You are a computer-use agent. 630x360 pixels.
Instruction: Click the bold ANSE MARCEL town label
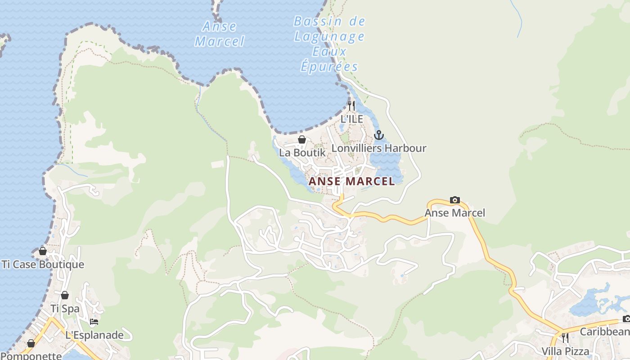pos(351,181)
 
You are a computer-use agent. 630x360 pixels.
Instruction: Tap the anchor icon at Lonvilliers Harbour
pos(379,135)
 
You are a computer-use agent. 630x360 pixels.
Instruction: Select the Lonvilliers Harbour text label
pos(379,148)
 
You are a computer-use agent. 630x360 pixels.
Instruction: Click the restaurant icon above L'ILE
pos(351,106)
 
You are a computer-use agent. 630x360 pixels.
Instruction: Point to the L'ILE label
pos(351,119)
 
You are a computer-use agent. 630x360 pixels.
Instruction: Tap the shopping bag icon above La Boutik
pos(302,139)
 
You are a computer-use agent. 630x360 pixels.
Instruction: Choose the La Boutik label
pos(302,153)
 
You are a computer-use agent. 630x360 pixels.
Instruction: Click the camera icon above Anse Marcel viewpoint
pos(455,200)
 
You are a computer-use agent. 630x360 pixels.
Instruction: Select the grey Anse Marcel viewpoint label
pos(455,213)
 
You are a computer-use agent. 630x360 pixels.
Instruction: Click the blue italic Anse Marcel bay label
pos(220,34)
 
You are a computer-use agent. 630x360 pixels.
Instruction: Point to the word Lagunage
pos(329,36)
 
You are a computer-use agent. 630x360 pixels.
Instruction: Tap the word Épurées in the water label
pos(329,67)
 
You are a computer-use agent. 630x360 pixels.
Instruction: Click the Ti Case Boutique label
pos(43,264)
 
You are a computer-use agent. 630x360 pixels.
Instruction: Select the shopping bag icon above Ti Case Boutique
pos(43,251)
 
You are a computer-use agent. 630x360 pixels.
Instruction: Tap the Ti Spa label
pos(65,309)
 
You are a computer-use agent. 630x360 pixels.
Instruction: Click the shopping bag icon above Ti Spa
pos(65,295)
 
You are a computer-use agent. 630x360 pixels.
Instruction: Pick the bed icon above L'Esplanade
pos(94,322)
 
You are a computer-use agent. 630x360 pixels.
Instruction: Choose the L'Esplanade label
pos(94,335)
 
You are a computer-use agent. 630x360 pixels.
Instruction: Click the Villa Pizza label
pos(565,351)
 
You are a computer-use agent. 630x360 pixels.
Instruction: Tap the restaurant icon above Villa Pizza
pos(565,337)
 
